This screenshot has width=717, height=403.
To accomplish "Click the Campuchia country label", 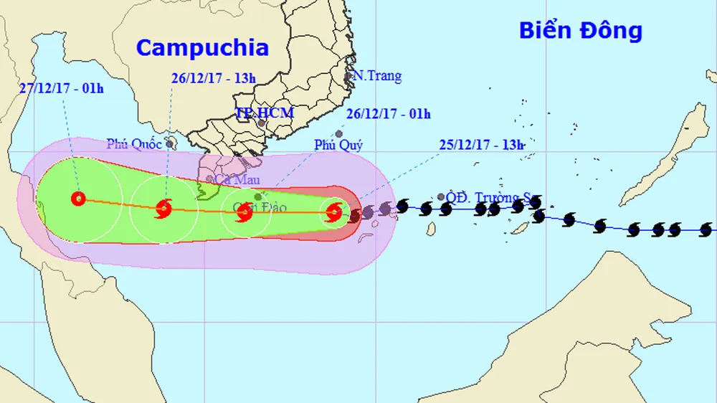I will tap(202, 48).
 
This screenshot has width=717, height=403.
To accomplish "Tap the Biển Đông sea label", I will tap(580, 31).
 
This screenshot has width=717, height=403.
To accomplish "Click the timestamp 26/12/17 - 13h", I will tap(213, 78).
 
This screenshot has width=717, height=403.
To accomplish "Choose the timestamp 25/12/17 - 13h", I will tap(482, 144).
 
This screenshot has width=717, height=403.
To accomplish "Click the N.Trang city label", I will tap(379, 76).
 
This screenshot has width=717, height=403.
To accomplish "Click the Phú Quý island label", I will tap(338, 145).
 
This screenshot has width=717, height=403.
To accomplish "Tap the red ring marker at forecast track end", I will tap(78, 199).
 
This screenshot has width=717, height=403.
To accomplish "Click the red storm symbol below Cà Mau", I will tap(163, 209).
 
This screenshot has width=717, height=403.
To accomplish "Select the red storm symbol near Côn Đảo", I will tap(244, 211).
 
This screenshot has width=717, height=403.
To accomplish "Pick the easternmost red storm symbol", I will tap(333, 212).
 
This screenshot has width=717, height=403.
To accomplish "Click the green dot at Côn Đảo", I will tap(258, 196).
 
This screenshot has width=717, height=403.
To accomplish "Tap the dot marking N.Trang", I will tap(349, 76).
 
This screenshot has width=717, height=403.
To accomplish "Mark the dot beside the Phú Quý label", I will tap(338, 133).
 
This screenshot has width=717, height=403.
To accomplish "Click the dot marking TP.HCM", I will tap(262, 123).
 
